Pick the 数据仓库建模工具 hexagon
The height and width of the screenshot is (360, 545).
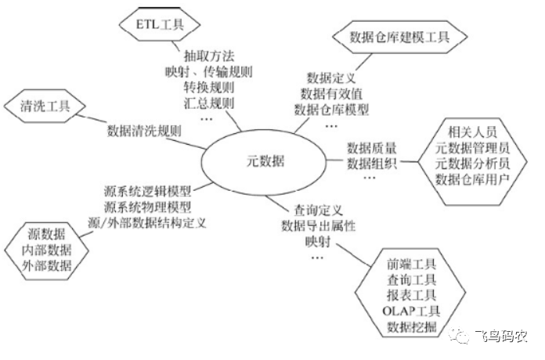(399, 35)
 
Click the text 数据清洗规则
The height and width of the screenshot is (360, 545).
(144, 131)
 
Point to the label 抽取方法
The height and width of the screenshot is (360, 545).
(211, 57)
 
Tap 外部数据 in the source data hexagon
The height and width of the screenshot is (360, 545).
(46, 266)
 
